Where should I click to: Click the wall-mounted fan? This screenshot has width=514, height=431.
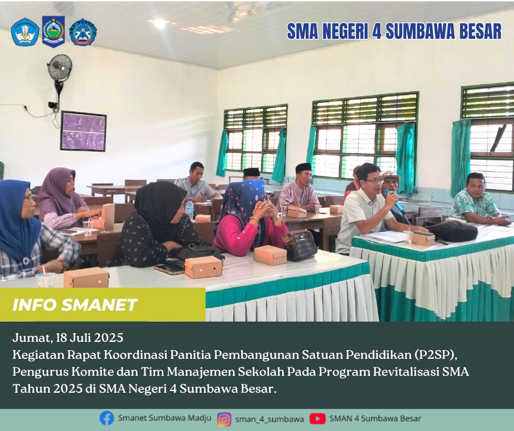tap(60, 68)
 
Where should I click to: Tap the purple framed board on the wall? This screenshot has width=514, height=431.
tap(83, 131)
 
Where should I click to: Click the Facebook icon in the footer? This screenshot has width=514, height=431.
tap(107, 418)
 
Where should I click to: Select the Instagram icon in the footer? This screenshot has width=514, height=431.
tap(224, 419)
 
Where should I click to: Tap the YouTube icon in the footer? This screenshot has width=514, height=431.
tap(317, 418)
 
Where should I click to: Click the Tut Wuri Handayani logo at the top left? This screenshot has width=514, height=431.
tap(25, 32)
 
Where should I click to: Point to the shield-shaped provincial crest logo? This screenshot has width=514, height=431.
tap(54, 32)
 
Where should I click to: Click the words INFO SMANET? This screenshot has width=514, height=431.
tap(75, 305)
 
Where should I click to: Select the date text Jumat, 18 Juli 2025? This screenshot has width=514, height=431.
tap(68, 337)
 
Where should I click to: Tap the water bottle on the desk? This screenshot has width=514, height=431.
tap(189, 209)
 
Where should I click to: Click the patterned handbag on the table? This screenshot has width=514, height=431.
tap(300, 244)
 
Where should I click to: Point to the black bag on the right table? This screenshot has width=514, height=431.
tap(451, 231)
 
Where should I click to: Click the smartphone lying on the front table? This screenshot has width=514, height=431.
tap(170, 269)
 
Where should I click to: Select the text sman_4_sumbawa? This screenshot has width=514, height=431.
tap(270, 419)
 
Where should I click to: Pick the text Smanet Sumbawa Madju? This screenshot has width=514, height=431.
tap(165, 418)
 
